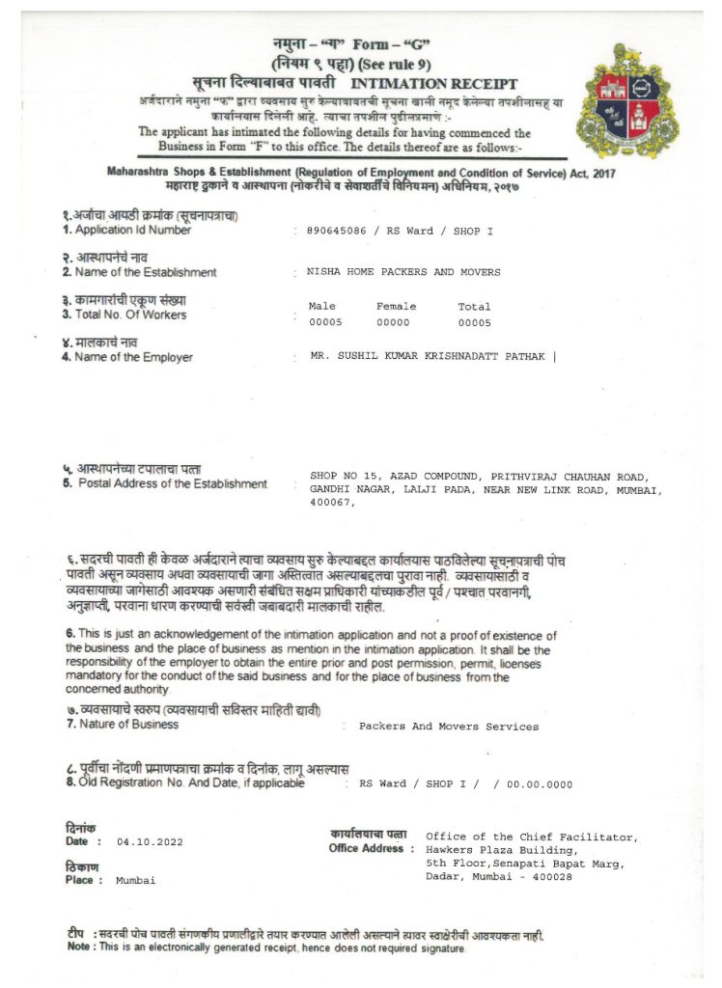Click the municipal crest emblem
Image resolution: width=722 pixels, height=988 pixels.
(x=627, y=101)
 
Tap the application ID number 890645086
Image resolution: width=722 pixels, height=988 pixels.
(x=335, y=232)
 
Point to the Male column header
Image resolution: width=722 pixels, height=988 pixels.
(x=321, y=306)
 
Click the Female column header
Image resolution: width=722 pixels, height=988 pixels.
(x=396, y=306)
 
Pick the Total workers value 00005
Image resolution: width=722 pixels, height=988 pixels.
(x=474, y=322)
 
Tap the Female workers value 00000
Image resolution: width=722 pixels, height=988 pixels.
(x=393, y=322)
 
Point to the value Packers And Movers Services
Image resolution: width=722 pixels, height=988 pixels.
(x=448, y=726)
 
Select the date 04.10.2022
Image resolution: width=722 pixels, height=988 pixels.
(x=150, y=842)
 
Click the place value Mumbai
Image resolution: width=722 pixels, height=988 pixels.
(x=135, y=881)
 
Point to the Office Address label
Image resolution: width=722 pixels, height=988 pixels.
(x=366, y=848)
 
